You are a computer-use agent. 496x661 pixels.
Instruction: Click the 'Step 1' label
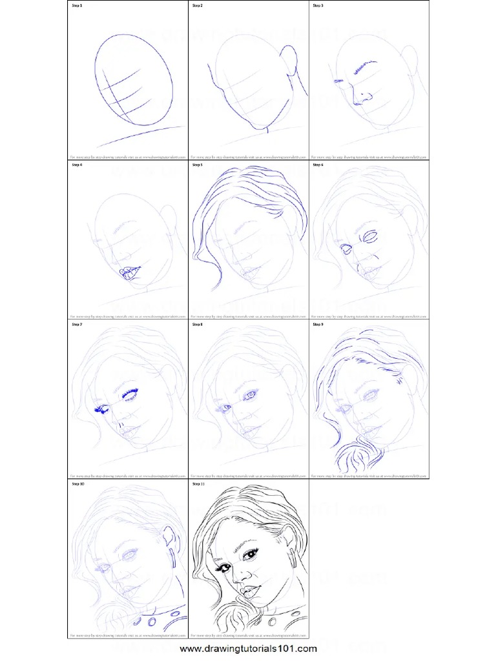(76, 6)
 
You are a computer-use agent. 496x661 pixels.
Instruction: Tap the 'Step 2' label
(197, 6)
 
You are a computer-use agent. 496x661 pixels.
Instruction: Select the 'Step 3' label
(318, 6)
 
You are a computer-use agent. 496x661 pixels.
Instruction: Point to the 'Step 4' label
(76, 165)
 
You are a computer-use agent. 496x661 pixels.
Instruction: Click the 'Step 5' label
(197, 165)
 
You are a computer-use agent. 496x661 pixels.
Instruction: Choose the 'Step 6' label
(318, 165)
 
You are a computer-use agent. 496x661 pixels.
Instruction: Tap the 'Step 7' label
(76, 325)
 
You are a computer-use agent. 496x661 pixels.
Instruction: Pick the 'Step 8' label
(197, 325)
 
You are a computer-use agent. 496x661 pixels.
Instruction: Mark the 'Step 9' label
(318, 325)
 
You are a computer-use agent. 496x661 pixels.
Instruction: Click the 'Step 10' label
(77, 484)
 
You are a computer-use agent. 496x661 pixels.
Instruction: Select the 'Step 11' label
(198, 484)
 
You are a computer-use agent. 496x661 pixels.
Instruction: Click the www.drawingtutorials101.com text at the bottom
(248, 648)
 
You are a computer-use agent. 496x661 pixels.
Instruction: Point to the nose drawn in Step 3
(364, 97)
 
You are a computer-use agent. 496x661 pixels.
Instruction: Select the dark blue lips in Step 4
(131, 273)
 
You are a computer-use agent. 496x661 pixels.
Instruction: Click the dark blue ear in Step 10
(170, 536)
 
